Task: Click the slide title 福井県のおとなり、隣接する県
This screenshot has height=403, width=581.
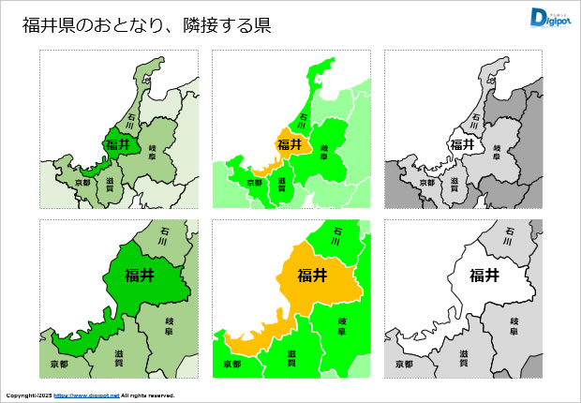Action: pyautogui.click(x=147, y=25)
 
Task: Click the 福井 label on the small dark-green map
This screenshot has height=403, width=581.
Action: pyautogui.click(x=118, y=144)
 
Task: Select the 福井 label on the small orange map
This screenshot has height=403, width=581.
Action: pyautogui.click(x=290, y=144)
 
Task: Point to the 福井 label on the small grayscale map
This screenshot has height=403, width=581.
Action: pyautogui.click(x=463, y=144)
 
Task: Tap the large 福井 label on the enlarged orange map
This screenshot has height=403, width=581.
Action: pyautogui.click(x=312, y=275)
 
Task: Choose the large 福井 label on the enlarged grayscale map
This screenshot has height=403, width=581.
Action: pyautogui.click(x=484, y=275)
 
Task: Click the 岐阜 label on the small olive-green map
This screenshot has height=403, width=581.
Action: pyautogui.click(x=153, y=152)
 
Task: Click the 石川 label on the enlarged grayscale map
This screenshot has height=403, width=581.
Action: pyautogui.click(x=512, y=232)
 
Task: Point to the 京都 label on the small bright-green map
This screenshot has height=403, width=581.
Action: pyautogui.click(x=254, y=182)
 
